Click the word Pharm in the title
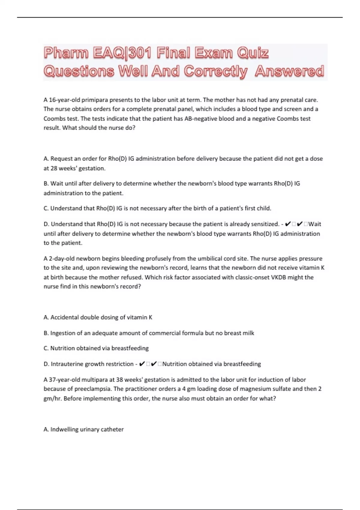(x=66, y=53)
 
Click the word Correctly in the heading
(x=216, y=71)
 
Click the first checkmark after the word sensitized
(x=287, y=224)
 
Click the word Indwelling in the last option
(x=64, y=429)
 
